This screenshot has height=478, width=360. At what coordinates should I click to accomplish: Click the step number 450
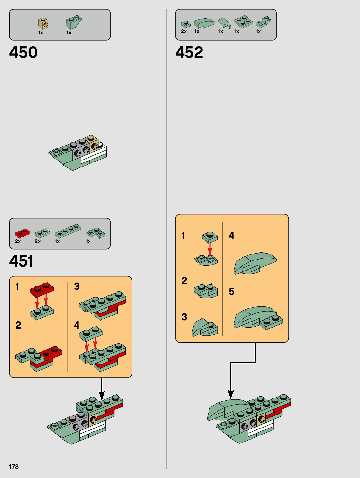coord(23,52)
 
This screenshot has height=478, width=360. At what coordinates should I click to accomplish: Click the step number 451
coord(21,261)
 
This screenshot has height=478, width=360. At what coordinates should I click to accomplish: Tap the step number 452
coord(189,52)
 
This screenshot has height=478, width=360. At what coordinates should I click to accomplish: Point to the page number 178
coord(14,467)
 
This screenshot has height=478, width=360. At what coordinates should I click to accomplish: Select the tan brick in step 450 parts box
coord(43,23)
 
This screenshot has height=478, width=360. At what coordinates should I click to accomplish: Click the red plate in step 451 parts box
coord(22,233)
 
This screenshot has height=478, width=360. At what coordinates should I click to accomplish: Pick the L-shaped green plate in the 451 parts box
coord(95,233)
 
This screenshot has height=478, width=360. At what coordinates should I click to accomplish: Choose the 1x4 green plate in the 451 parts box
coord(68,231)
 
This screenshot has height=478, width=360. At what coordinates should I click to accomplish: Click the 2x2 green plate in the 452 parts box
coord(243,21)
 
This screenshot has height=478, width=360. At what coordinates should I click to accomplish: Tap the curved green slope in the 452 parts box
coord(204,23)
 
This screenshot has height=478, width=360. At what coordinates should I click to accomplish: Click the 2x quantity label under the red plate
coord(18,241)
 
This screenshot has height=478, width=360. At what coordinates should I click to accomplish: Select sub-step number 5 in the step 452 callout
coord(231,292)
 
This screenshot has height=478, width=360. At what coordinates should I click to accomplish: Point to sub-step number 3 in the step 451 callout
coord(76,286)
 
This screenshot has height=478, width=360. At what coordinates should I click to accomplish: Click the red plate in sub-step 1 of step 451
coord(42,290)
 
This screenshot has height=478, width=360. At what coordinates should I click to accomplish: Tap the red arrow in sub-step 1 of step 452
coord(210,249)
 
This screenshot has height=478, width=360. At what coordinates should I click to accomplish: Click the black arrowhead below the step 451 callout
coord(102,395)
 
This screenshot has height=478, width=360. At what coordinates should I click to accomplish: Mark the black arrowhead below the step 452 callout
coord(231,394)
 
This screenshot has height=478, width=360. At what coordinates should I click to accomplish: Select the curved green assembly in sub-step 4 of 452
coord(255,263)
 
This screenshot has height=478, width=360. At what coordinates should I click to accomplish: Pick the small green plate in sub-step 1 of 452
coord(210,237)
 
